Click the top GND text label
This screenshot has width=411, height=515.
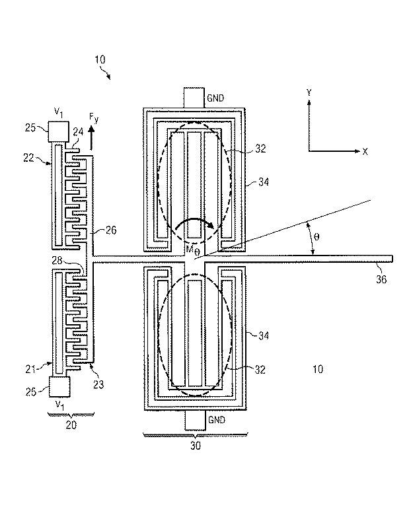pos(215,98)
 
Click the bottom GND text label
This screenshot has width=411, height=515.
pos(217,420)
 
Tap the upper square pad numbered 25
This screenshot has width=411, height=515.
pos(59,131)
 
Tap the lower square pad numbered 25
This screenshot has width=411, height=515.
pos(59,386)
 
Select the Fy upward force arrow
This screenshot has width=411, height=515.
pos(91,139)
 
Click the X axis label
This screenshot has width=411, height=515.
pos(365,151)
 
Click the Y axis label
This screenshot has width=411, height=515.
pos(309,92)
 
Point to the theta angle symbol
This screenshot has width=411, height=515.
pos(317,237)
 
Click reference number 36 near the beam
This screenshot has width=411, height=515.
pos(381,279)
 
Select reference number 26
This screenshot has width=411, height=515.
pos(111,230)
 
